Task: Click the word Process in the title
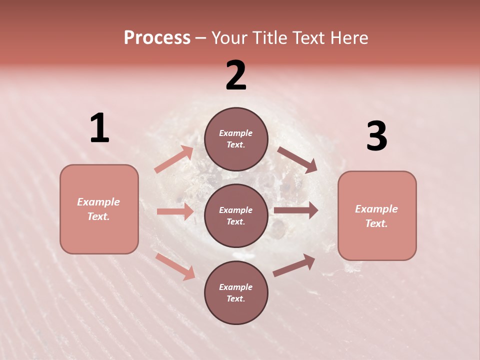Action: pos(157,38)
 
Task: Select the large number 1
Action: pos(99,128)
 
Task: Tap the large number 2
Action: pos(236,75)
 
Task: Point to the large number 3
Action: pos(376,136)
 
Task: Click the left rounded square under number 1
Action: pos(99,209)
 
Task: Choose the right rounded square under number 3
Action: pos(377,215)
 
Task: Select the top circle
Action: pos(236,139)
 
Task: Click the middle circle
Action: pos(236,215)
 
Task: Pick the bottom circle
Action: pos(236,292)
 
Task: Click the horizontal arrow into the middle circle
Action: pos(175,211)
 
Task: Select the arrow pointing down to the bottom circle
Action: pos(175,266)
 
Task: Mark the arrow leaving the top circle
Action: pos(297,159)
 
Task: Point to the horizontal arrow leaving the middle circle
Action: pos(296,210)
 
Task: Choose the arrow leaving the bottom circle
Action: pos(294,265)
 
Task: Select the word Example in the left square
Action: pos(98,202)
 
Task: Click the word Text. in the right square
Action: pos(376,223)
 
